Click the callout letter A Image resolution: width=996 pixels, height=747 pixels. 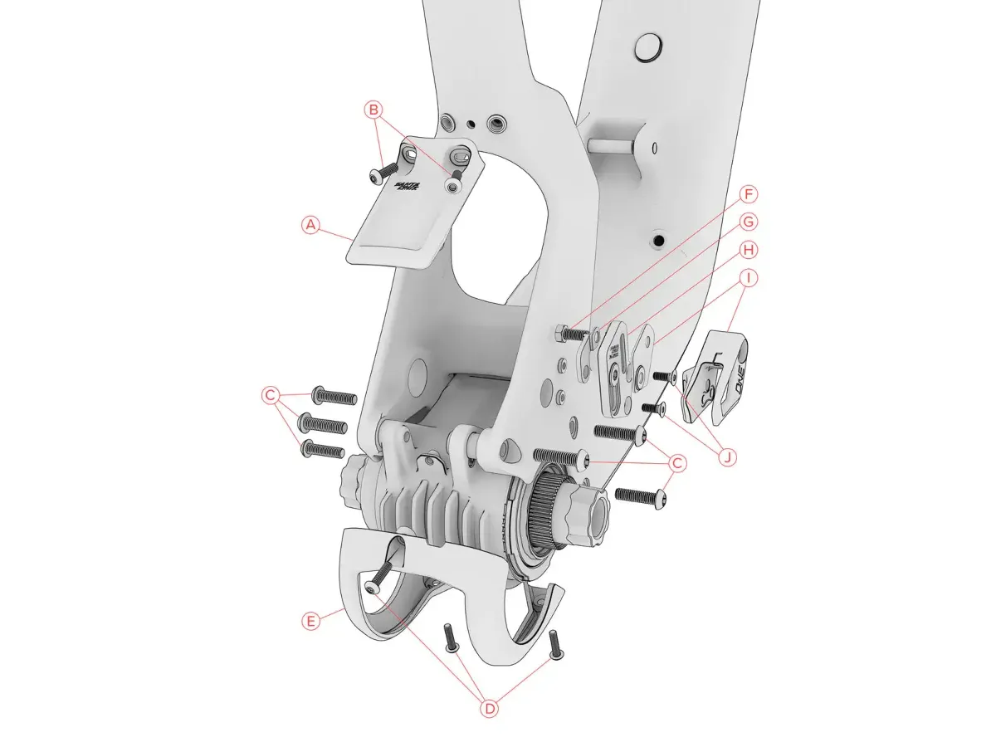310,225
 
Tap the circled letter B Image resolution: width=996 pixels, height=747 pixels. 373,109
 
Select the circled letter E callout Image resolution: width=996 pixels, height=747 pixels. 310,621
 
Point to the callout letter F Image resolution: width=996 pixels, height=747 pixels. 749,195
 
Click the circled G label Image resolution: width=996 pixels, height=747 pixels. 749,222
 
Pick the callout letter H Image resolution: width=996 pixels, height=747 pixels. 749,249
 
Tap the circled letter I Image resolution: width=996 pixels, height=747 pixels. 749,277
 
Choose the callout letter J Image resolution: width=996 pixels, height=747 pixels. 726,456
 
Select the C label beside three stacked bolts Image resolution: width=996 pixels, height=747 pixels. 270,396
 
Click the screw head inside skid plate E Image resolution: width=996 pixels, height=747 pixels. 371,588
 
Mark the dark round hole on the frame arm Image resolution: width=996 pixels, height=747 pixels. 659,239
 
